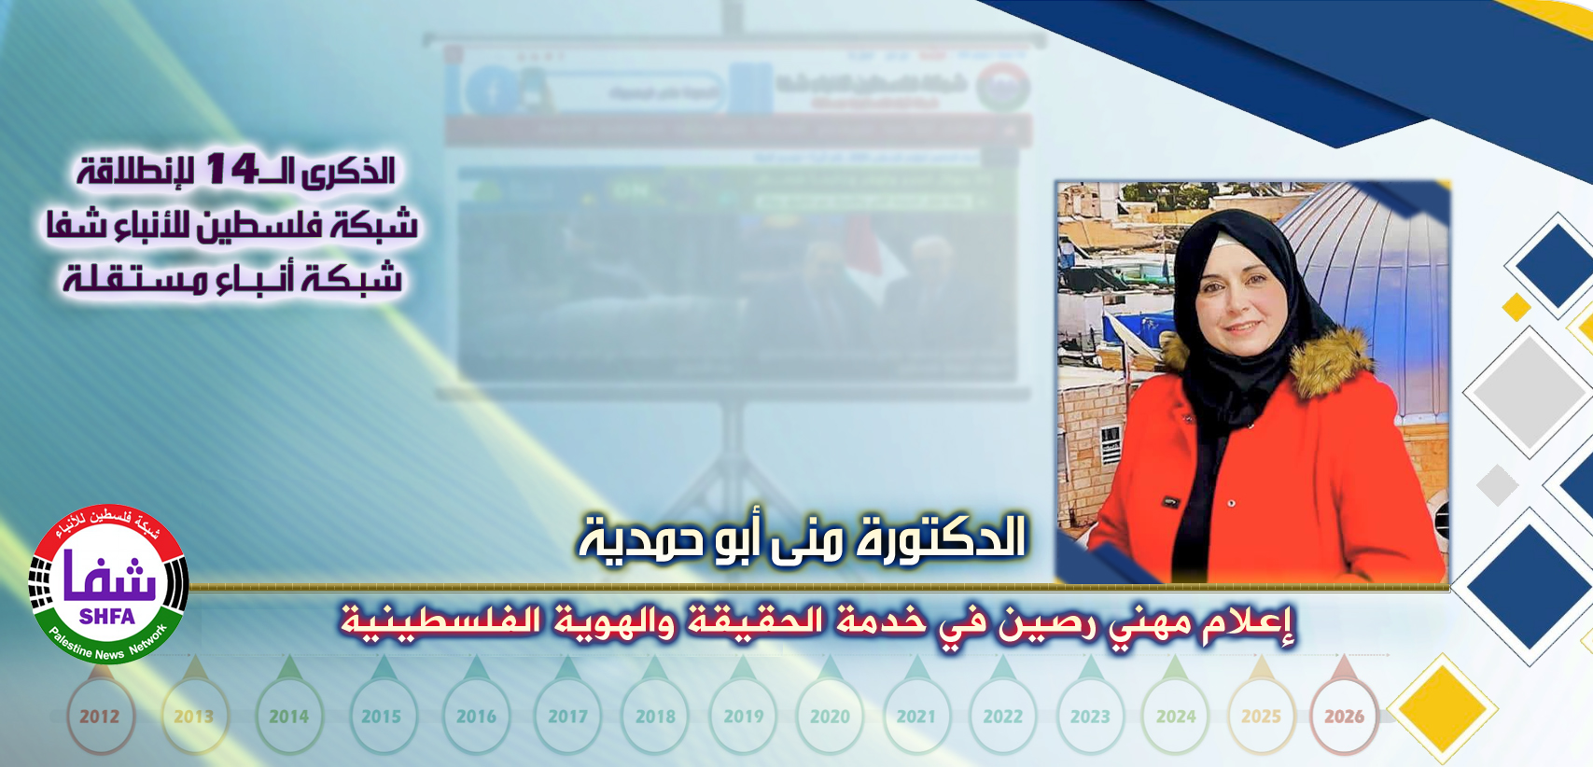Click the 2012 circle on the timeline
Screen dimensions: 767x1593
pos(99,717)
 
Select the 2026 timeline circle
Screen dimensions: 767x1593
pos(1344,717)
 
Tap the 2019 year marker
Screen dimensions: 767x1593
pos(743,717)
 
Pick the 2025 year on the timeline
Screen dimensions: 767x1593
pos(1261,717)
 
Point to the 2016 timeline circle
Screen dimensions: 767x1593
pos(476,717)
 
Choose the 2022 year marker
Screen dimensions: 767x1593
pos(1003,717)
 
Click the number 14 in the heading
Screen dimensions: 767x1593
pos(231,169)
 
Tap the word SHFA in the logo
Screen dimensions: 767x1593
pos(107,617)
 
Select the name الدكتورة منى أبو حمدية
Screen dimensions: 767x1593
pos(803,538)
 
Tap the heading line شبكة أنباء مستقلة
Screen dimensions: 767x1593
pos(232,278)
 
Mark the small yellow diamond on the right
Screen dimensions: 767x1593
pos(1516,306)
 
